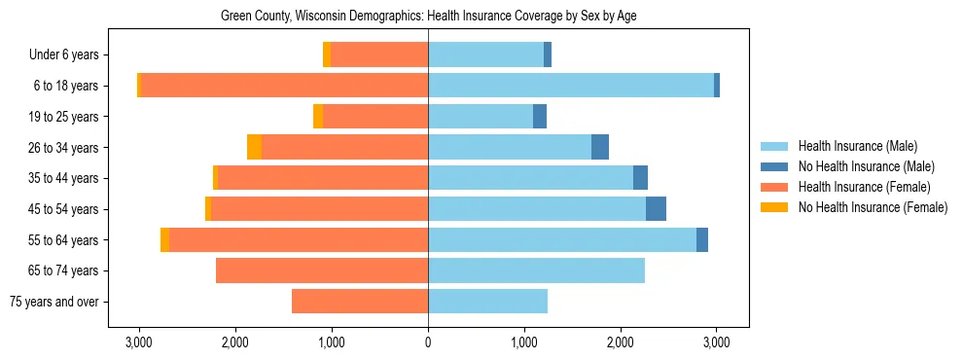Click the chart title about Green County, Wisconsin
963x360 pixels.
tap(428, 17)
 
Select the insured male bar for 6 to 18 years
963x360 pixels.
tap(571, 86)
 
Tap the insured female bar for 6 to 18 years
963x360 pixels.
tap(285, 86)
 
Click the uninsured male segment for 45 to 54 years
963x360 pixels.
tap(656, 209)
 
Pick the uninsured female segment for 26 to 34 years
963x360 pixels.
tap(254, 147)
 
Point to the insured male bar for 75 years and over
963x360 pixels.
tap(487, 302)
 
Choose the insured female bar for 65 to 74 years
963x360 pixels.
tap(322, 270)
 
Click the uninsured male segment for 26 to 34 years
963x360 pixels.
tap(600, 147)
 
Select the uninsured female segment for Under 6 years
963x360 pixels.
tap(327, 54)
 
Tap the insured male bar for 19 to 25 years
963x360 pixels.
tap(481, 117)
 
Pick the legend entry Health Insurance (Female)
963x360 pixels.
tap(864, 187)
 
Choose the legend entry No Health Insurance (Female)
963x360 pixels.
tap(873, 207)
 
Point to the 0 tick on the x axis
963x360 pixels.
tap(428, 342)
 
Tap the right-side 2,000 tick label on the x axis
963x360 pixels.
tap(621, 342)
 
